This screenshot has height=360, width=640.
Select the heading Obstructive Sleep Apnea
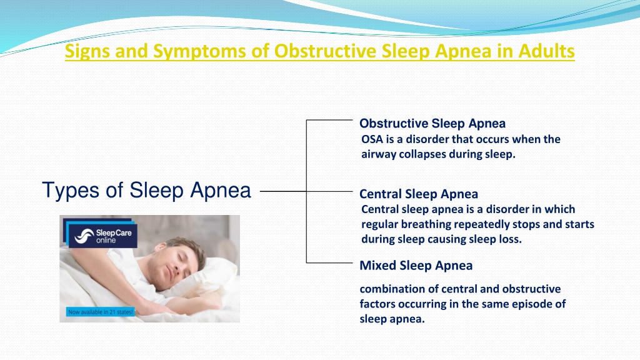(432, 123)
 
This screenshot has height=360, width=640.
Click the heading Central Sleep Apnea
(418, 194)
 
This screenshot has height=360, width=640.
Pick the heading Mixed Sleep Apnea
(416, 265)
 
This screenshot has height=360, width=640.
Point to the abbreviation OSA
(372, 139)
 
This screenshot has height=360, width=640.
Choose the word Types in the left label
(70, 190)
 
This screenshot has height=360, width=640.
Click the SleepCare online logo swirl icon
(84, 236)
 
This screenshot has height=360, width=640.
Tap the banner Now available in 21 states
(101, 312)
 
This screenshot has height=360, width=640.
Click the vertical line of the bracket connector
(306, 191)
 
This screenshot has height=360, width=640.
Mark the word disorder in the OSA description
(426, 139)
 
